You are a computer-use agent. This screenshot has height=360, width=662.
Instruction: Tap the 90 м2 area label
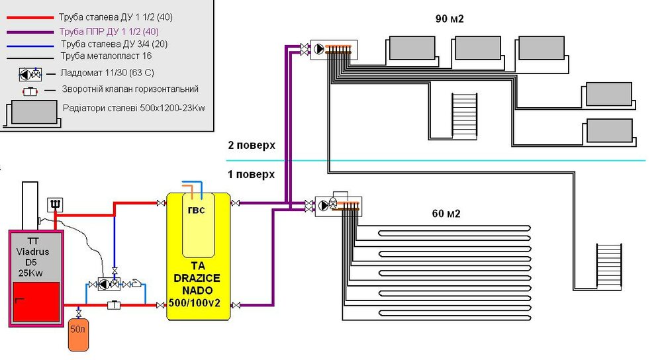pyautogui.click(x=449, y=19)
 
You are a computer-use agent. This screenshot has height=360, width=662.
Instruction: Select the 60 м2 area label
pyautogui.click(x=446, y=214)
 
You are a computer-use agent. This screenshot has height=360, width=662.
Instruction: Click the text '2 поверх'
pyautogui.click(x=252, y=145)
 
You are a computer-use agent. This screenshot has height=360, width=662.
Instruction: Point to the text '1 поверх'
pyautogui.click(x=251, y=174)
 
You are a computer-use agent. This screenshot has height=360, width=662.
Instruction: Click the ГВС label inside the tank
pyautogui.click(x=197, y=210)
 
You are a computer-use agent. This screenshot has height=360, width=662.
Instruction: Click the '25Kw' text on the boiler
pyautogui.click(x=31, y=273)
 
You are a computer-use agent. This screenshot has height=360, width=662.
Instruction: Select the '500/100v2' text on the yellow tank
pyautogui.click(x=195, y=302)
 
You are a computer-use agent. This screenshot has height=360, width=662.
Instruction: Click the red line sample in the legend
pyautogui.click(x=30, y=18)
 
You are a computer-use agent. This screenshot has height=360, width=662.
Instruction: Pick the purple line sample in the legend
pyautogui.click(x=30, y=32)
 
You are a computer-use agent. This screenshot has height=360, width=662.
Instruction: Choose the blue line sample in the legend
pyautogui.click(x=30, y=46)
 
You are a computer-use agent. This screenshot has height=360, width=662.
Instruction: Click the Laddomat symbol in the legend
pyautogui.click(x=30, y=75)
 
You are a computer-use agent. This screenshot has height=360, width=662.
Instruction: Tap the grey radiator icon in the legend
pyautogui.click(x=34, y=112)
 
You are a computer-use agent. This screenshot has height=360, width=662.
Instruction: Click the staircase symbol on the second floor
pyautogui.click(x=465, y=116)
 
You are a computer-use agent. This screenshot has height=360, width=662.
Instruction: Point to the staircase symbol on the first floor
pyautogui.click(x=609, y=266)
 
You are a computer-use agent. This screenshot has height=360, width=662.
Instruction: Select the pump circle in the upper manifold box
pyautogui.click(x=320, y=49)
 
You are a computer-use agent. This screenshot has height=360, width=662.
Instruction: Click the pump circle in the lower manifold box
pyautogui.click(x=324, y=206)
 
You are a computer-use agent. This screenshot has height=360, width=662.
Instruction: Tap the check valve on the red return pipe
pyautogui.click(x=114, y=304)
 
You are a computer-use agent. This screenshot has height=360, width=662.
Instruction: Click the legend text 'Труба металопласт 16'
pyautogui.click(x=106, y=56)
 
